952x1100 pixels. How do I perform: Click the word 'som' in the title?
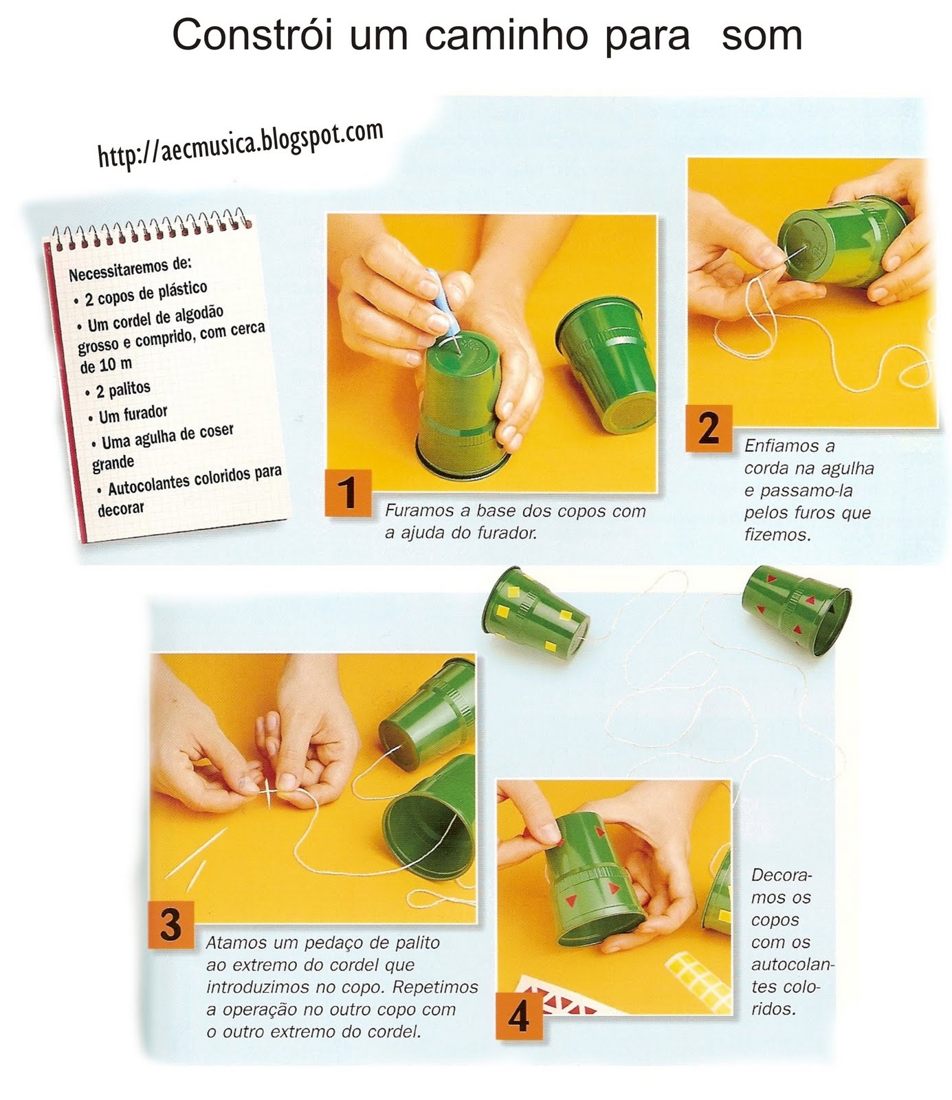(762, 36)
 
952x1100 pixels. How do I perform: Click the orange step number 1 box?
(348, 492)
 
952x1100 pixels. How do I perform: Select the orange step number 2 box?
(708, 428)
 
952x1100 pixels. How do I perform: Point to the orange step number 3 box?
(171, 923)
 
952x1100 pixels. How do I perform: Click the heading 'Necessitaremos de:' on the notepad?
(131, 268)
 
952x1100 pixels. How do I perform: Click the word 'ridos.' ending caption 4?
(773, 1009)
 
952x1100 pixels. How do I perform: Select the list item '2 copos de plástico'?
(145, 294)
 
